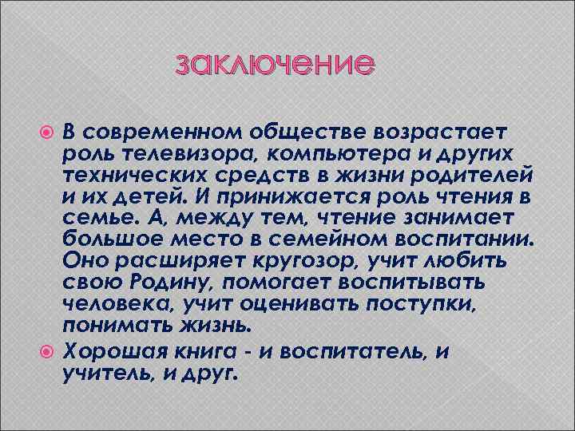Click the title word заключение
coord(274,64)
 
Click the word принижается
coord(276,196)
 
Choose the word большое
coord(102,239)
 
